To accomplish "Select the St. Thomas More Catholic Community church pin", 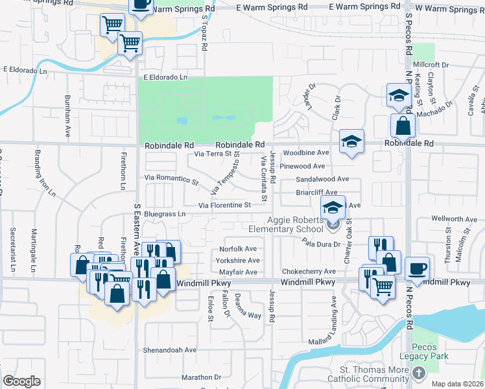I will point(420,373).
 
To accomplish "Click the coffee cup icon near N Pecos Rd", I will point(417,267).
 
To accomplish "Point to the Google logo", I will point(21,381).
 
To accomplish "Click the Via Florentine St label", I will point(224,206).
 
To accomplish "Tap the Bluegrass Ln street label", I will point(165,213).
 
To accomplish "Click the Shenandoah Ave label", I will point(170,349).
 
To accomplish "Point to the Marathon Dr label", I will point(201,377).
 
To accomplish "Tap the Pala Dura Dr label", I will point(320,242).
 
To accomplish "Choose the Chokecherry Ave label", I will point(308,272).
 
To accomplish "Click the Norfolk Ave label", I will point(238,249).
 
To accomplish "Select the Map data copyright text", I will point(456,384).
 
